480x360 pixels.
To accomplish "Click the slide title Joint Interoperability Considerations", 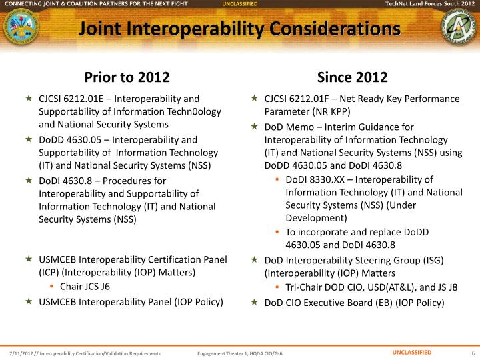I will (x=239, y=29).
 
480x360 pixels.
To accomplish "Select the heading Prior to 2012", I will (x=127, y=76).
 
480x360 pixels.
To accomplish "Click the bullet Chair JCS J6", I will (x=85, y=287).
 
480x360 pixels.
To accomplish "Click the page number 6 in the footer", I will (x=472, y=353).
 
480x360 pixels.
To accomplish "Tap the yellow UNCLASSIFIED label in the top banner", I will (x=240, y=4).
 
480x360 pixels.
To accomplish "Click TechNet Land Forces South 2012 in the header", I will (x=430, y=4).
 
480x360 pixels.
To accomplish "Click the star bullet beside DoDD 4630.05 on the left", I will (x=29, y=139).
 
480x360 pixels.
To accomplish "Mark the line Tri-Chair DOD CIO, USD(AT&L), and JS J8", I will (x=371, y=287).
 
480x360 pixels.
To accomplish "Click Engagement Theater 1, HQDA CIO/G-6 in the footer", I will (x=239, y=353).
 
